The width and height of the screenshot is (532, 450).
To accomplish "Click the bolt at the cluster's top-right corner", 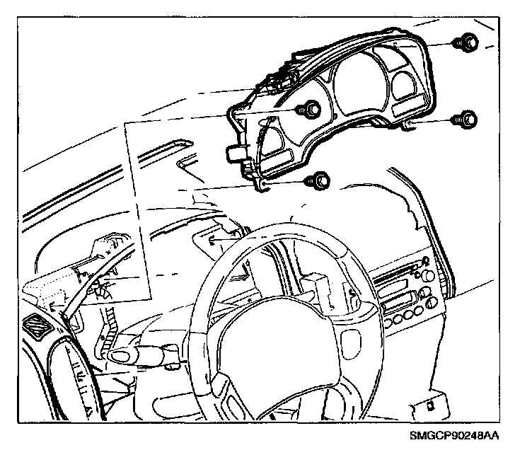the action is tap(466, 42).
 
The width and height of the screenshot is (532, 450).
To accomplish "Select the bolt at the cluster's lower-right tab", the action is tap(464, 120).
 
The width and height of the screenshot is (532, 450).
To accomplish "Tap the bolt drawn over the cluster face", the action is tap(308, 110).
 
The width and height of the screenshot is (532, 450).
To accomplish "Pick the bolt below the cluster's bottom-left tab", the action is tap(317, 181).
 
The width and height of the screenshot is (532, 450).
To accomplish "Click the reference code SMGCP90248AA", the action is tap(454, 436).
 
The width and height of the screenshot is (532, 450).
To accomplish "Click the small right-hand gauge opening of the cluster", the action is tap(404, 85).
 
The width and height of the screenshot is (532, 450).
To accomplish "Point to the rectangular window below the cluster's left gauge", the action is tap(277, 158).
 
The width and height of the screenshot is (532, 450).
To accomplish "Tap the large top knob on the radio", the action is tap(429, 275).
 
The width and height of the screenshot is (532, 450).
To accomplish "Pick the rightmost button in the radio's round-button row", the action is tap(419, 311).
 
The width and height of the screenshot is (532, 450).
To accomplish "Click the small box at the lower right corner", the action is tap(430, 406).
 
